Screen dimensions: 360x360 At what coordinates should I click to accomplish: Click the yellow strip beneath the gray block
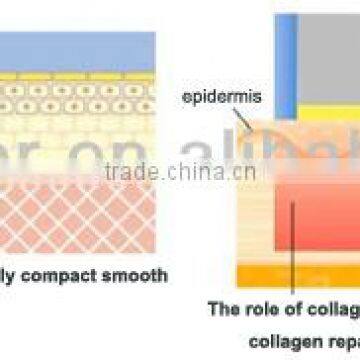(330, 113)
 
